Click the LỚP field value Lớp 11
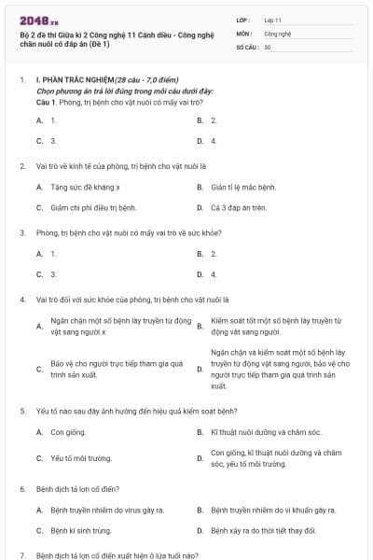click(x=273, y=19)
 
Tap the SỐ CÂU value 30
click(x=268, y=46)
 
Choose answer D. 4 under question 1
click(x=214, y=141)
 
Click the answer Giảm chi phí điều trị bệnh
click(x=93, y=207)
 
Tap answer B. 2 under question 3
click(x=214, y=253)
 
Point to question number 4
click(x=22, y=300)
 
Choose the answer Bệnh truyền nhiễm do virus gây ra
click(x=106, y=510)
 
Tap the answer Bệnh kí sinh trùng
click(x=80, y=530)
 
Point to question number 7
click(x=22, y=554)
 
